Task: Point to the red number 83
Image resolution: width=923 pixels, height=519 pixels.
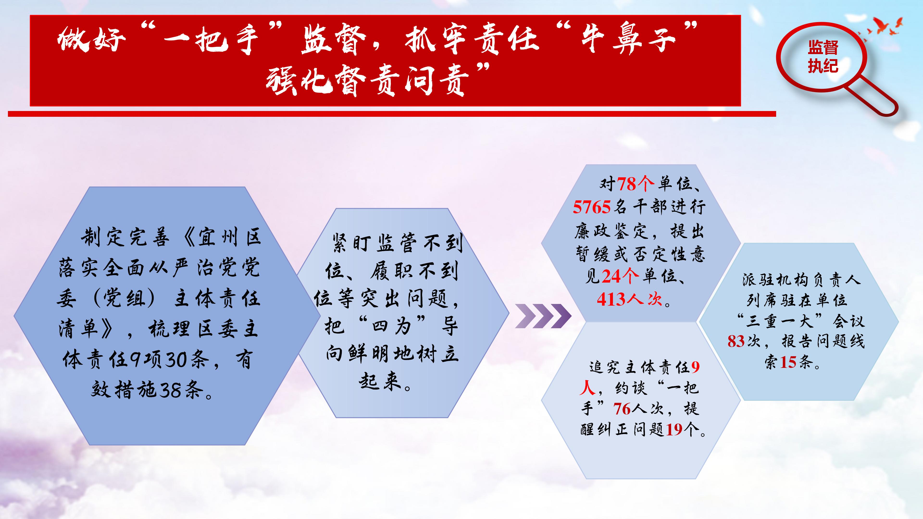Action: click(736, 341)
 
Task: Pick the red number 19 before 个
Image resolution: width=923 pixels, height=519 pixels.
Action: click(674, 429)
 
